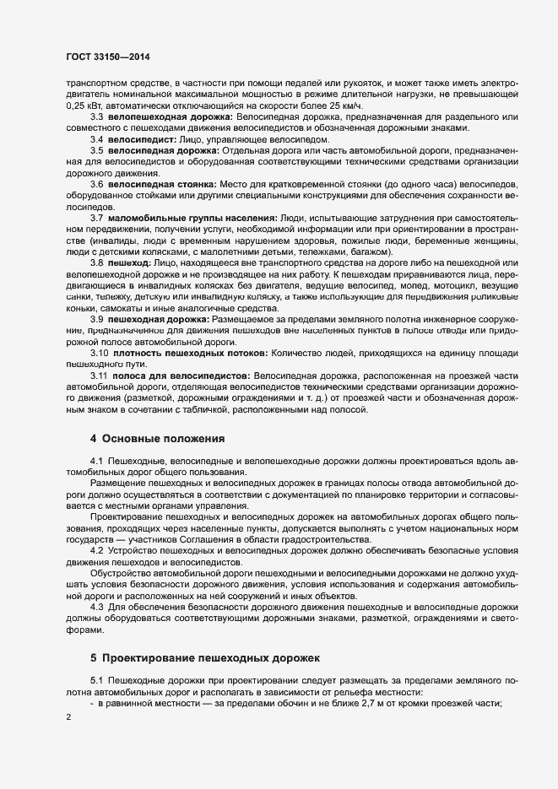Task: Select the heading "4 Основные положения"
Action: coord(157,439)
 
